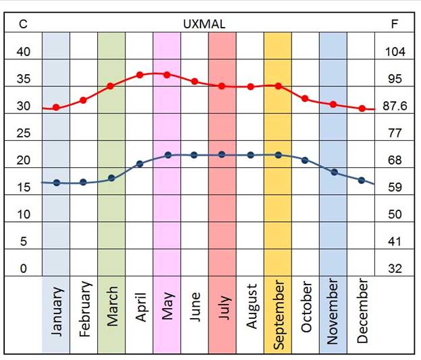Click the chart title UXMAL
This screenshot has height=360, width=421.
pyautogui.click(x=204, y=24)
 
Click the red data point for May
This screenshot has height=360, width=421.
pyautogui.click(x=167, y=74)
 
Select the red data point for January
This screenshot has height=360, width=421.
pyautogui.click(x=56, y=107)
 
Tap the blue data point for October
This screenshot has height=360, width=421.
pyautogui.click(x=305, y=160)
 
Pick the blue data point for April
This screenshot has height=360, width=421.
pyautogui.click(x=140, y=164)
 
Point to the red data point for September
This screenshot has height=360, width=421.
pyautogui.click(x=277, y=86)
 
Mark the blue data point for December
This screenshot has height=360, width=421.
pyautogui.click(x=361, y=180)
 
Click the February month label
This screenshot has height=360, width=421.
pyautogui.click(x=84, y=312)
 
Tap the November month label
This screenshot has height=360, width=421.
pyautogui.click(x=333, y=313)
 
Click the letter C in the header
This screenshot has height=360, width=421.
pyautogui.click(x=23, y=24)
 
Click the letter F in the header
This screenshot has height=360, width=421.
pyautogui.click(x=395, y=24)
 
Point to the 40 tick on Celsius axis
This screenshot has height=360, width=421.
pyautogui.click(x=23, y=52)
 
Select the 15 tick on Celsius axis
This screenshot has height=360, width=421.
pyautogui.click(x=23, y=187)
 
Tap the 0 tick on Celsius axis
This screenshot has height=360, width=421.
pyautogui.click(x=23, y=269)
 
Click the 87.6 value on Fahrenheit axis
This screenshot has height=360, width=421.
pyautogui.click(x=395, y=106)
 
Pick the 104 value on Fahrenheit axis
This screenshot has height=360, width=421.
pyautogui.click(x=395, y=52)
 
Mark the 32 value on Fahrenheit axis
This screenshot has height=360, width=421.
pyautogui.click(x=395, y=269)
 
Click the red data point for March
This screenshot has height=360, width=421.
pyautogui.click(x=111, y=86)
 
